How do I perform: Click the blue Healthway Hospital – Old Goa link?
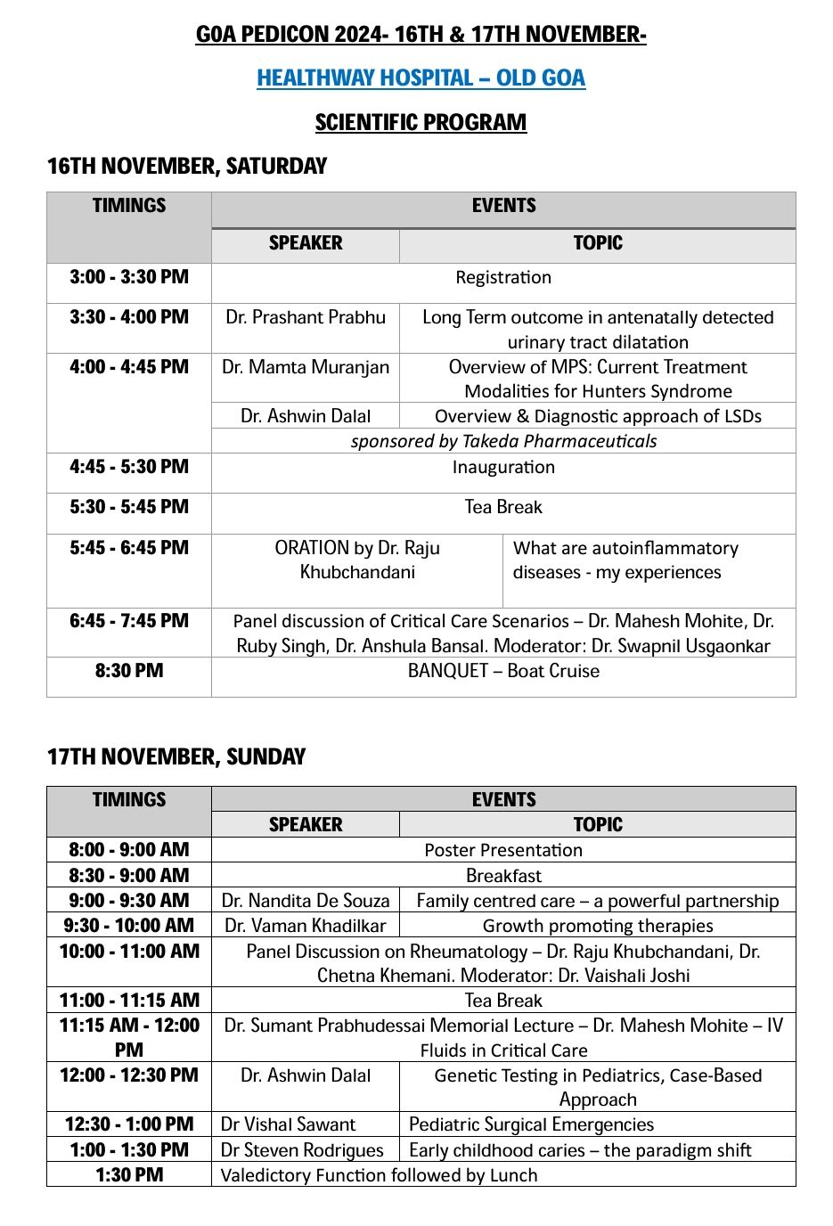421,78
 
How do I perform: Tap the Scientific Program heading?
421,122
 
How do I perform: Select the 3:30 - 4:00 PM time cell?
129,317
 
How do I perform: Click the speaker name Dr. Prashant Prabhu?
306,317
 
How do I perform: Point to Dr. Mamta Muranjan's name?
306,367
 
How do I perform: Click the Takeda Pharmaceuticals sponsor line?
503,441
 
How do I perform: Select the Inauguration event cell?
503,467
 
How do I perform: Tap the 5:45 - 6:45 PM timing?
129,548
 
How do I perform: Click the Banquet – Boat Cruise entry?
503,671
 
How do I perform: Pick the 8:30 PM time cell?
129,671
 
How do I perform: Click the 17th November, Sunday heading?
176,756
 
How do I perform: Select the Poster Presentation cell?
503,850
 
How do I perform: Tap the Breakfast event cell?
503,876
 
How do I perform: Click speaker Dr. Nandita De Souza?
306,901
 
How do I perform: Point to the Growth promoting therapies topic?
598,926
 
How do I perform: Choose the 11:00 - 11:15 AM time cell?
129,1001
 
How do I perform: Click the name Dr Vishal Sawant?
288,1124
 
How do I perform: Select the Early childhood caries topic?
580,1150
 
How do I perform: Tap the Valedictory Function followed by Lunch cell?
379,1175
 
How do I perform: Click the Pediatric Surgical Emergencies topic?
531,1124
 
